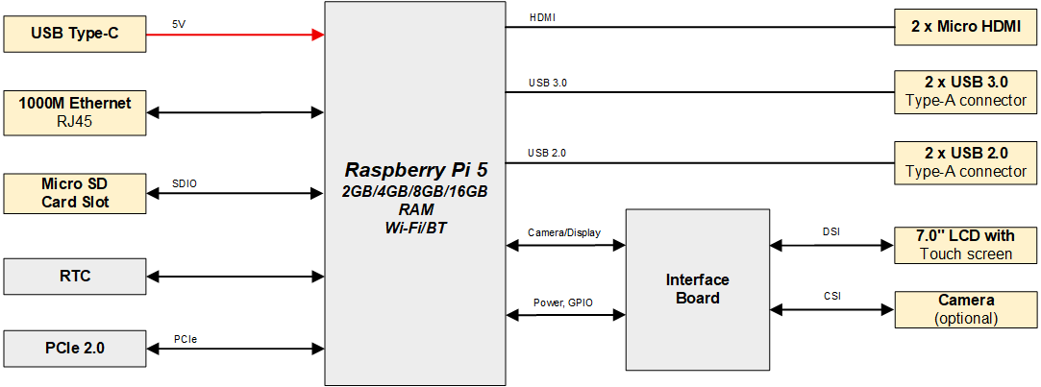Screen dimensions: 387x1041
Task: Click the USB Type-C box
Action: pos(75,34)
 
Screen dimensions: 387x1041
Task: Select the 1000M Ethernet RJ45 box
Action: pos(75,111)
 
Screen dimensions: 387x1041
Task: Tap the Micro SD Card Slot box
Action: pos(75,193)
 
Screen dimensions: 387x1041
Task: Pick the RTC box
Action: pos(75,276)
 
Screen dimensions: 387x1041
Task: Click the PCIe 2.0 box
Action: pos(75,348)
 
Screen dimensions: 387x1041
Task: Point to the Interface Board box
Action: pos(697,289)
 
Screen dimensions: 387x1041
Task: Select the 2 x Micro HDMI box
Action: pos(966,27)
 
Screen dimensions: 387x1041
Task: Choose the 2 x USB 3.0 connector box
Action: pos(966,91)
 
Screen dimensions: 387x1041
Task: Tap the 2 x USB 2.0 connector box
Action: pos(966,162)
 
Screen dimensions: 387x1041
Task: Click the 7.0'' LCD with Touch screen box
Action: pos(966,245)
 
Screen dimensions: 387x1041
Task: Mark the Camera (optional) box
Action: pos(966,309)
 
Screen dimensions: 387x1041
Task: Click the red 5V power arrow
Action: pos(235,35)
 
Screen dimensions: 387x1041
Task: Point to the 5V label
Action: pos(180,24)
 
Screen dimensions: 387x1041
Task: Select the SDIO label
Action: pos(185,182)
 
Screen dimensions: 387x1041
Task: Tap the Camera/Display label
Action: pos(565,233)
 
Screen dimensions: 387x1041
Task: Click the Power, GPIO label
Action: pos(563,302)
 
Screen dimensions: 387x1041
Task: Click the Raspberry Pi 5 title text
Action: pos(414,171)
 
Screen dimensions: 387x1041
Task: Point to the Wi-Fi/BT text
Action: pos(414,228)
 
